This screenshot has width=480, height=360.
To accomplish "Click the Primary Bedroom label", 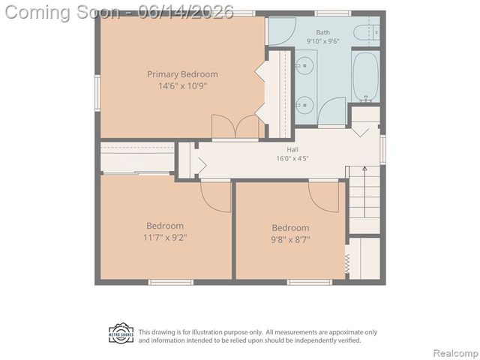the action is (x=182, y=74).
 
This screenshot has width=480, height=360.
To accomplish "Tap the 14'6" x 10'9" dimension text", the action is (x=182, y=86).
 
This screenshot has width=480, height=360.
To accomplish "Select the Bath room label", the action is (x=323, y=32).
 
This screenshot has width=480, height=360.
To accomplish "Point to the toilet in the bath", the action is (x=367, y=32).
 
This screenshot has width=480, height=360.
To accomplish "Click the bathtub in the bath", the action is (x=365, y=76).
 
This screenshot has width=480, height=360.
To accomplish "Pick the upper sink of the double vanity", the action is (x=304, y=65).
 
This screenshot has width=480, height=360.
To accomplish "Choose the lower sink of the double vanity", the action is (x=304, y=105).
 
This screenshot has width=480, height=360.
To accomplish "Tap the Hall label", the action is (x=292, y=150).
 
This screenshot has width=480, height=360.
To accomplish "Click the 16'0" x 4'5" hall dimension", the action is (x=292, y=158).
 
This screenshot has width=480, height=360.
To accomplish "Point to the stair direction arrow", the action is (x=364, y=192).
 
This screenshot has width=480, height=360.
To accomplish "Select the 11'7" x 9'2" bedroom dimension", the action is (x=165, y=238).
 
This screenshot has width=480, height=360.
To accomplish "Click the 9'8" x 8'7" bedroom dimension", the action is (x=290, y=239).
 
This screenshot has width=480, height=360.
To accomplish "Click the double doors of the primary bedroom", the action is (x=235, y=127).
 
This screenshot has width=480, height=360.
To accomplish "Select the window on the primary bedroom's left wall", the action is (x=97, y=93).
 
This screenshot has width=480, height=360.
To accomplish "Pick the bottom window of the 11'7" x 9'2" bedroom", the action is (x=171, y=282).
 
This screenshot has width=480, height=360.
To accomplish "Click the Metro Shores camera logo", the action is (x=121, y=333).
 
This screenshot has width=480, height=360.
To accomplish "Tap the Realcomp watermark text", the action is (x=456, y=353).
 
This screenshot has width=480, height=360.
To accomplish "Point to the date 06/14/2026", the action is (x=186, y=12).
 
